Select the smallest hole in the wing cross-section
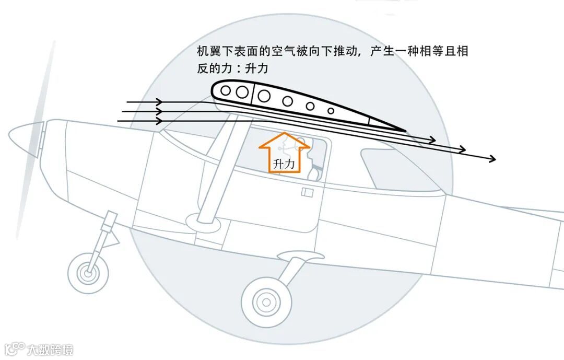(x=331, y=111)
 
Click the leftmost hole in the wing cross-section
(x=226, y=90)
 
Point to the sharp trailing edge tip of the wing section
(x=405, y=130)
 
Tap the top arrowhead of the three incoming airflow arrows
(x=159, y=102)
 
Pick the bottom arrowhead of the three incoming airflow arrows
(x=159, y=121)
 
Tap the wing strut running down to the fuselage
(x=219, y=167)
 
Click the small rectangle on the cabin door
(x=307, y=193)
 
